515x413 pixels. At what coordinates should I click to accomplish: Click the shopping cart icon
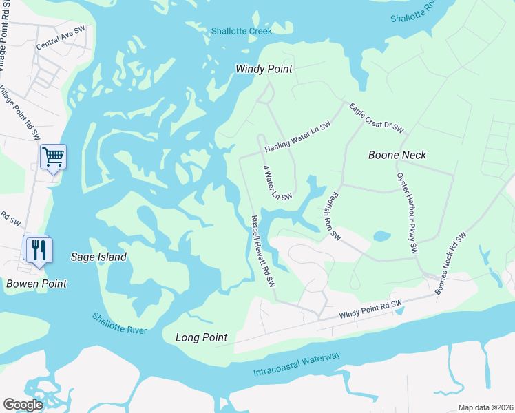(53, 158)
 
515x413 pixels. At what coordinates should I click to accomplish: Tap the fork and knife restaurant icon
(39, 250)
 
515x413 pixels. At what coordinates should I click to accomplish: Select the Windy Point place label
(264, 69)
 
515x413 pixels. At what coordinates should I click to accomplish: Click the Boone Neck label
(397, 155)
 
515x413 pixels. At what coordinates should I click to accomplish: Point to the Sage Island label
(99, 257)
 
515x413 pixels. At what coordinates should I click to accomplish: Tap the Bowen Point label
(36, 284)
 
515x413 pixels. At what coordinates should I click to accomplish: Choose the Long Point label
(202, 337)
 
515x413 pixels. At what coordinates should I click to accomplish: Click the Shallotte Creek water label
(242, 31)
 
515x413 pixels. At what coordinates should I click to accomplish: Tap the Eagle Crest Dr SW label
(376, 117)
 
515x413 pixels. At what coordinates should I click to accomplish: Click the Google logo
(23, 404)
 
